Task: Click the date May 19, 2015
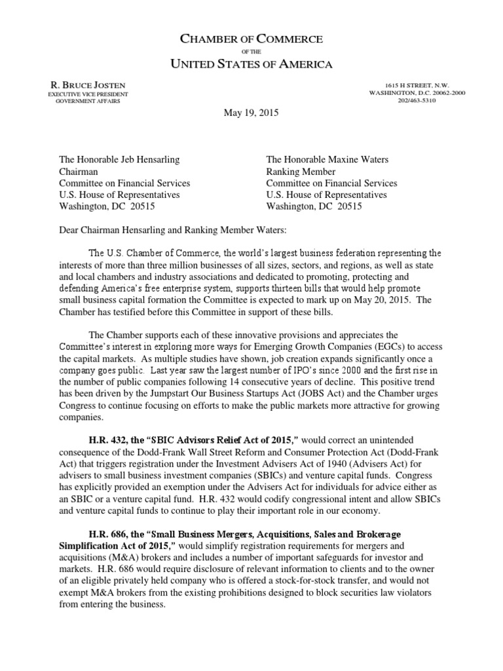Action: coord(251,113)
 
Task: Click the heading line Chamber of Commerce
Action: coord(251,40)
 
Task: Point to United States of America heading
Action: coord(251,64)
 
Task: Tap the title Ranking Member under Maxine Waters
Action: coord(299,171)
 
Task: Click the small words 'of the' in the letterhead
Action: coord(251,52)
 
